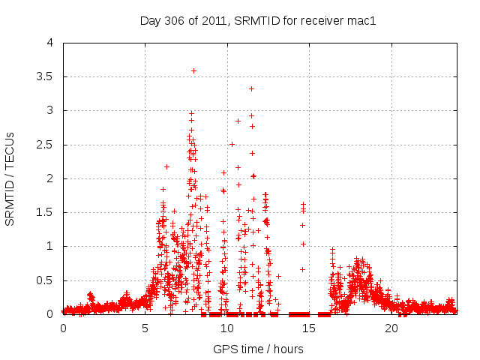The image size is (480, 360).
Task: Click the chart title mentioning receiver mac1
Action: tap(257, 20)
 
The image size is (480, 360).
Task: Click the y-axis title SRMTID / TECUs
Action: tap(10, 178)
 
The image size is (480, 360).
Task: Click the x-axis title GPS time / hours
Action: tap(258, 349)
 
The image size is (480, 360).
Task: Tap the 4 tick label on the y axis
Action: tap(49, 43)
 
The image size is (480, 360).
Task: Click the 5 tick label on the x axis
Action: tap(145, 328)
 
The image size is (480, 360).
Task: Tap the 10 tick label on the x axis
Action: tap(227, 328)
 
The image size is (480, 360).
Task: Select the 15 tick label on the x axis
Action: tap(310, 328)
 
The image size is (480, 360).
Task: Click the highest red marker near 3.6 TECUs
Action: tap(193, 70)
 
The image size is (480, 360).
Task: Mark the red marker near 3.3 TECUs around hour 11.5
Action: tap(251, 88)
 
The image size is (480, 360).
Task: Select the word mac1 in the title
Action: tap(360, 20)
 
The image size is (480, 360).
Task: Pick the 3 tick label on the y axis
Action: tap(49, 111)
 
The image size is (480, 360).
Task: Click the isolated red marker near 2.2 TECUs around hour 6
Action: tap(166, 166)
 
